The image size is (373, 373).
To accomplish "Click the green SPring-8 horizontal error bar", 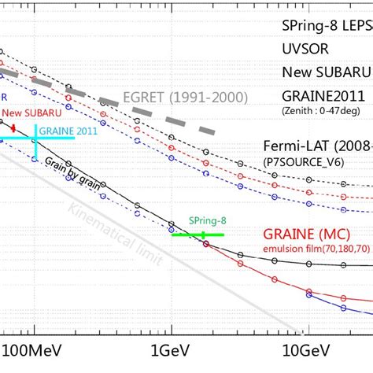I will pos(198,235).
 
